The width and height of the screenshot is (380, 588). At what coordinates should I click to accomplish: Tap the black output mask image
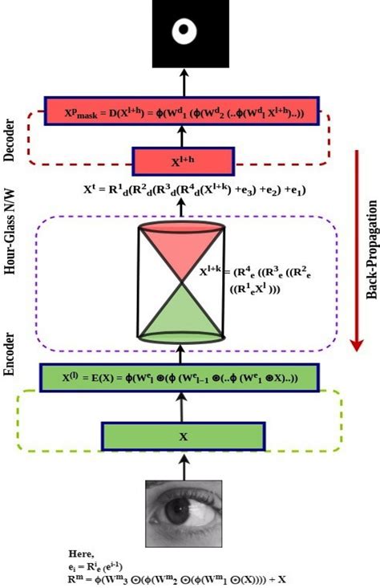(183, 34)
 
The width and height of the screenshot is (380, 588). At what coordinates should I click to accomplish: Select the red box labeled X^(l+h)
(184, 161)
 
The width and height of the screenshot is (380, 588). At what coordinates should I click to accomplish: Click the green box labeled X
(182, 437)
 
